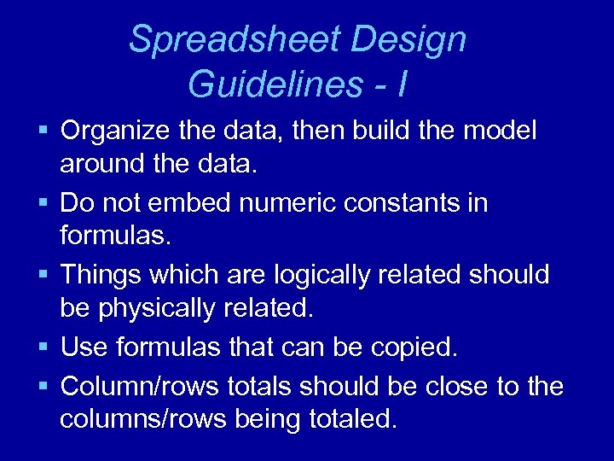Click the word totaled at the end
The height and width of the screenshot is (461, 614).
[351, 419]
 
